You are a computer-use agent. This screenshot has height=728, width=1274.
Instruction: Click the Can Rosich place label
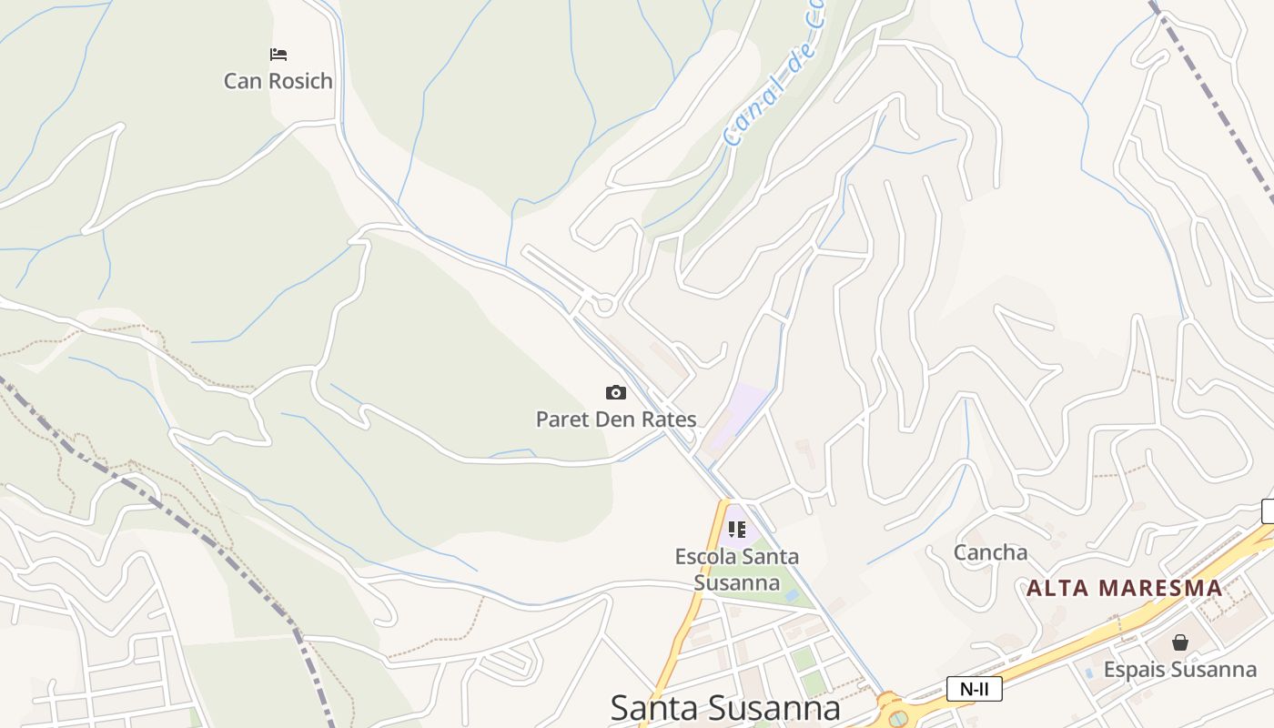point(278,81)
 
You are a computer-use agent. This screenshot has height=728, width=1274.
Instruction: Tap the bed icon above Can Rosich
point(278,55)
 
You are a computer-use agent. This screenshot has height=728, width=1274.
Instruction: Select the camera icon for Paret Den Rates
point(616,392)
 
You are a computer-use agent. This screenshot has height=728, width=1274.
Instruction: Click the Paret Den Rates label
point(616,420)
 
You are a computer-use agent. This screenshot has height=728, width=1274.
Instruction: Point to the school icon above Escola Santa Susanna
point(737,529)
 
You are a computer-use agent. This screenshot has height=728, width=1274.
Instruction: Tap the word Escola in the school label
point(706,556)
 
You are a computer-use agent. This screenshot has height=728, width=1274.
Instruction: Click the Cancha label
point(990,552)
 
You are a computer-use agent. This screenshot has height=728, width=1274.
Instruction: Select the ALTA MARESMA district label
point(1124,588)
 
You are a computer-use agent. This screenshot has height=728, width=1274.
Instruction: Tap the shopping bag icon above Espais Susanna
point(1180,642)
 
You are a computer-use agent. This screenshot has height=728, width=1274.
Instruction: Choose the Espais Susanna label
point(1180,670)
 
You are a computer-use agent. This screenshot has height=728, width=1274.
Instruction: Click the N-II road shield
point(974,689)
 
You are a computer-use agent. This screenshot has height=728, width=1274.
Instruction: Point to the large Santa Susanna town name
point(724,708)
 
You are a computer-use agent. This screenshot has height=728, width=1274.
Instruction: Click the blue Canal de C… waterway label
point(773,77)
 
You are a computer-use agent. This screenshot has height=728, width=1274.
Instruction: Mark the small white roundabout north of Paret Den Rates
point(604,304)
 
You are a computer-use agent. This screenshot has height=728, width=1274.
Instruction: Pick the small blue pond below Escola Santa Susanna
point(792,595)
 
